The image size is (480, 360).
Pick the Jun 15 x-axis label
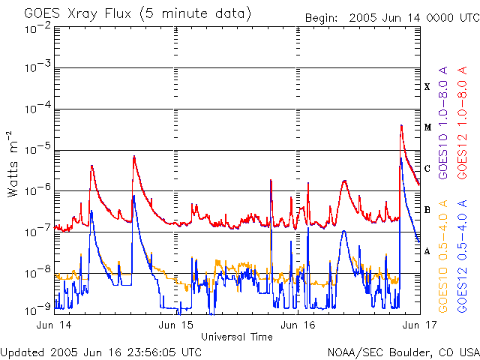click(177, 325)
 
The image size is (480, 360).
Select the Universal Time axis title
click(236, 337)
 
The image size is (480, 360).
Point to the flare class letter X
click(427, 87)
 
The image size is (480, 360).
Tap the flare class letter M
click(427, 127)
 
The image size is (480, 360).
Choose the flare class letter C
click(427, 169)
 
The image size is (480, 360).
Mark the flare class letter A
click(427, 251)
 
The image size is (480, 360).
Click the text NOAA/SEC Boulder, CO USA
click(403, 352)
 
